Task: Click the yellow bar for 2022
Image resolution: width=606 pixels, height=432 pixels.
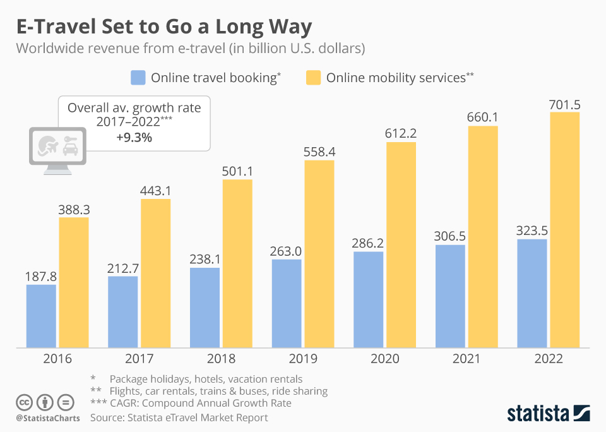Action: (564, 230)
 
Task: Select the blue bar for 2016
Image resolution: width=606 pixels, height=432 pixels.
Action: (41, 316)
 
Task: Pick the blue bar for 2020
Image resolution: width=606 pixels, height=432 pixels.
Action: (368, 299)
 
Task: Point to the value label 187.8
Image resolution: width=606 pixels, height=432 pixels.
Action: (41, 276)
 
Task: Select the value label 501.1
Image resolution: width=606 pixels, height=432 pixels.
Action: (237, 171)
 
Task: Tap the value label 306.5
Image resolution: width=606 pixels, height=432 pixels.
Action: (449, 236)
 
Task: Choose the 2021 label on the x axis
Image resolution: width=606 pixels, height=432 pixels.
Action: (466, 359)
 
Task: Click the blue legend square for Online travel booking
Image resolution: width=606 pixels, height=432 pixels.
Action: (138, 78)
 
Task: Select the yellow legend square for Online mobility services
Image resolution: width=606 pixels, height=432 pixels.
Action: (313, 78)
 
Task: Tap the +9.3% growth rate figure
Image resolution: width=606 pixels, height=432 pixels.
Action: (134, 137)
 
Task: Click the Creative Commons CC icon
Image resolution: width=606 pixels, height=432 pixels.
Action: (24, 402)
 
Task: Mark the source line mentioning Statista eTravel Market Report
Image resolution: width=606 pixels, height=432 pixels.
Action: (179, 417)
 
